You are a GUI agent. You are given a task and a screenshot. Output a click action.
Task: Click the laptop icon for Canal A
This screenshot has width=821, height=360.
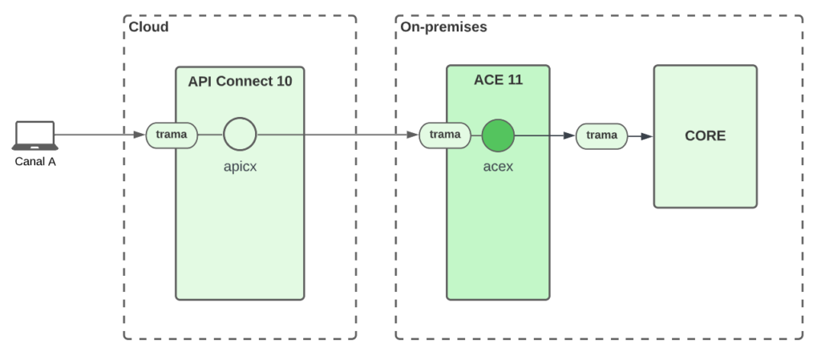tap(35, 136)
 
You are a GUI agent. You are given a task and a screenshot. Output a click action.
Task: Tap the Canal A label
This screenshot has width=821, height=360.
tap(35, 162)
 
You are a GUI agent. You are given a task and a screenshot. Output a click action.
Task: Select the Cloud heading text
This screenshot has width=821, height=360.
tap(148, 26)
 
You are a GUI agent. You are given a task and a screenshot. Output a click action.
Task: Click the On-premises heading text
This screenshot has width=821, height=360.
tap(443, 26)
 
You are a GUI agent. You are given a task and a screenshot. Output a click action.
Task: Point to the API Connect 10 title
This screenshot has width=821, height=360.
tap(240, 81)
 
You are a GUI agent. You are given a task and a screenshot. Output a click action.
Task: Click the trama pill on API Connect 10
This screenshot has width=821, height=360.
tap(172, 135)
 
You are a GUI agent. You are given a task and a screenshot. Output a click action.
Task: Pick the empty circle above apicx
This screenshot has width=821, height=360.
tap(240, 134)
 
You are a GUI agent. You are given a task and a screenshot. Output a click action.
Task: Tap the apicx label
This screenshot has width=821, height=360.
tap(241, 167)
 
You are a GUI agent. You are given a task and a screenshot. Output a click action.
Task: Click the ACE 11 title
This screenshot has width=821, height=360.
tap(498, 79)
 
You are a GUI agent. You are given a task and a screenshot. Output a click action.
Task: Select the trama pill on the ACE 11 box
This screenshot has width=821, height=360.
tap(445, 135)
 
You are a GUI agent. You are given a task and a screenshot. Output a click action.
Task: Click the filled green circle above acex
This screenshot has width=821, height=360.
tap(498, 136)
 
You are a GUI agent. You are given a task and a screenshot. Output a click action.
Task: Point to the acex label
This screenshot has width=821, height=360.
tap(498, 167)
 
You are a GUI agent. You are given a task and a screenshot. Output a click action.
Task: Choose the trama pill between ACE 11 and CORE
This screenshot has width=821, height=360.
tap(601, 136)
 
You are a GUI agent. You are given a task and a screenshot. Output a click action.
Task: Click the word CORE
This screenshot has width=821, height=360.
tap(706, 136)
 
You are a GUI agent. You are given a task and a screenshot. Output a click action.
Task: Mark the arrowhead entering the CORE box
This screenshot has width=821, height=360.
tap(647, 136)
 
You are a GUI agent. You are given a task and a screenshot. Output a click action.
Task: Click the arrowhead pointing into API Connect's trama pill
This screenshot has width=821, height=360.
tap(140, 135)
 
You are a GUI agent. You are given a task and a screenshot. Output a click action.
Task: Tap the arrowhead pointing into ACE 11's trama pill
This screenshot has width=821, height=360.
tap(413, 135)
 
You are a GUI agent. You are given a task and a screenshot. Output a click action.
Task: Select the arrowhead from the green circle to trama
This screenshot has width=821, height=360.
tap(569, 136)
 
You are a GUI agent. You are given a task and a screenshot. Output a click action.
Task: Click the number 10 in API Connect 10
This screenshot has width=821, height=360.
tap(284, 81)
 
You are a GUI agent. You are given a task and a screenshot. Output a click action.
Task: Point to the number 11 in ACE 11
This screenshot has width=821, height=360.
tap(515, 79)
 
